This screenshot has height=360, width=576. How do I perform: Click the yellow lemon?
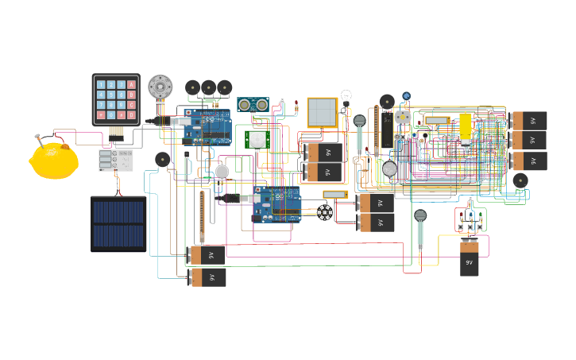(54, 161)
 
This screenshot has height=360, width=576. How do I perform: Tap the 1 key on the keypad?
(101, 84)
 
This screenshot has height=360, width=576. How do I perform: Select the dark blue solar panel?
(118, 223)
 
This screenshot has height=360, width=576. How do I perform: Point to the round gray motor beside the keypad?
(160, 86)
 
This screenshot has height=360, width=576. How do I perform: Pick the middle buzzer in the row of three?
(209, 87)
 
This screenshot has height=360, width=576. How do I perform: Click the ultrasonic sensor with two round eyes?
(253, 105)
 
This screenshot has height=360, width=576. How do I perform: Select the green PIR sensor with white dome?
(257, 140)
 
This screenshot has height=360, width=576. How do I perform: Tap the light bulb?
(346, 97)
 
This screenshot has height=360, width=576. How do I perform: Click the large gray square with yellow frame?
(323, 113)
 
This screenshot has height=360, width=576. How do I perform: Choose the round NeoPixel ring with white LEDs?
(324, 212)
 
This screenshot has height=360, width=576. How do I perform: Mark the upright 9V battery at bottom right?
(470, 257)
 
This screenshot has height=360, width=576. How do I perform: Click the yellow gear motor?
(466, 127)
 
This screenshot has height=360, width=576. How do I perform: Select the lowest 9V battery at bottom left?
(207, 277)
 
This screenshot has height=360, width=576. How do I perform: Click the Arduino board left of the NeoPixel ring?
(276, 205)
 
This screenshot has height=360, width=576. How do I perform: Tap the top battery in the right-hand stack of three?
(529, 121)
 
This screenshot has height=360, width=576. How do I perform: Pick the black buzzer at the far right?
(520, 180)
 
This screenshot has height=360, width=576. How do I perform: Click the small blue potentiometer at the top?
(407, 96)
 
